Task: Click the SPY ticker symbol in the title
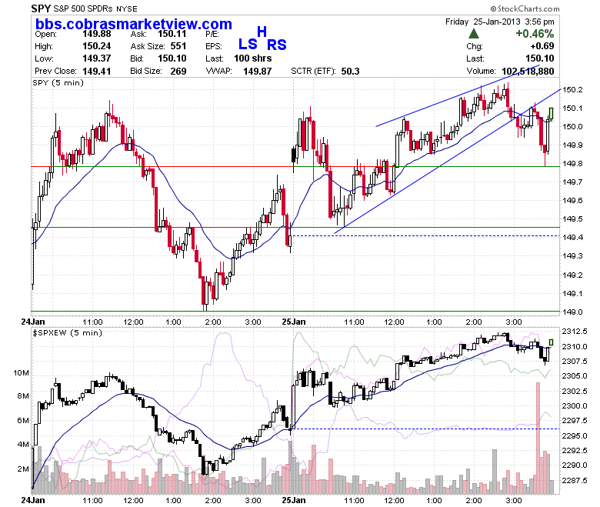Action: click(x=41, y=8)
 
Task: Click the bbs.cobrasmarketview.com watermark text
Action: click(x=134, y=24)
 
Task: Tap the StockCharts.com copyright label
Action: click(x=525, y=8)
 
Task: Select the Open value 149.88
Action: click(x=97, y=34)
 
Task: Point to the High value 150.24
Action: click(x=97, y=46)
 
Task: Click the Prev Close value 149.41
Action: click(x=97, y=72)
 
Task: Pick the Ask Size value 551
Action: click(x=178, y=46)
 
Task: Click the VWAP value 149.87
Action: click(x=258, y=72)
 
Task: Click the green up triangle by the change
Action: click(x=474, y=34)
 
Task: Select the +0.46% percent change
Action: click(x=535, y=34)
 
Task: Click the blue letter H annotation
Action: click(x=262, y=32)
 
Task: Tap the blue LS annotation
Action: click(x=248, y=45)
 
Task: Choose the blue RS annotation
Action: click(x=277, y=45)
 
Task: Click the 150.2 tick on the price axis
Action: click(x=572, y=89)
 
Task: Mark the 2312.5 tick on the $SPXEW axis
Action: click(x=574, y=332)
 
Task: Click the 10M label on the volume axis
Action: click(x=21, y=372)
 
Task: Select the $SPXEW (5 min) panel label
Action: click(x=68, y=333)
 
